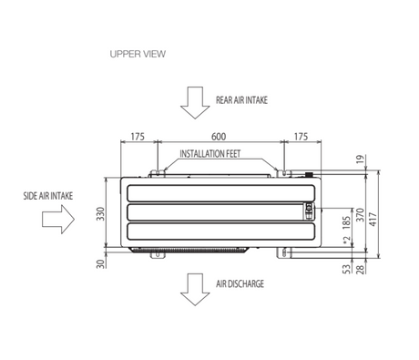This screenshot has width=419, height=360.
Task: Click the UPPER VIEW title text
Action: click(138, 54)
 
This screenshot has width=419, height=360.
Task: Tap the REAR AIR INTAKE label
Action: click(241, 100)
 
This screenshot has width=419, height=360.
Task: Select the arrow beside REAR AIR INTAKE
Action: click(195, 103)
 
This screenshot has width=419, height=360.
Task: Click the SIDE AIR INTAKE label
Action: click(48, 196)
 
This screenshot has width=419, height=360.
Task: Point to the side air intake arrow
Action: click(58, 219)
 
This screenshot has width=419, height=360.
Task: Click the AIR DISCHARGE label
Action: click(240, 283)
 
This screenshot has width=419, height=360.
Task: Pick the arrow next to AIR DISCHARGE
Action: click(195, 290)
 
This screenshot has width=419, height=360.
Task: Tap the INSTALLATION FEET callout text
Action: click(210, 154)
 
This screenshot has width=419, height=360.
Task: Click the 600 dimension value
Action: click(219, 137)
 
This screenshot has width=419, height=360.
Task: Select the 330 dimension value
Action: click(100, 214)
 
